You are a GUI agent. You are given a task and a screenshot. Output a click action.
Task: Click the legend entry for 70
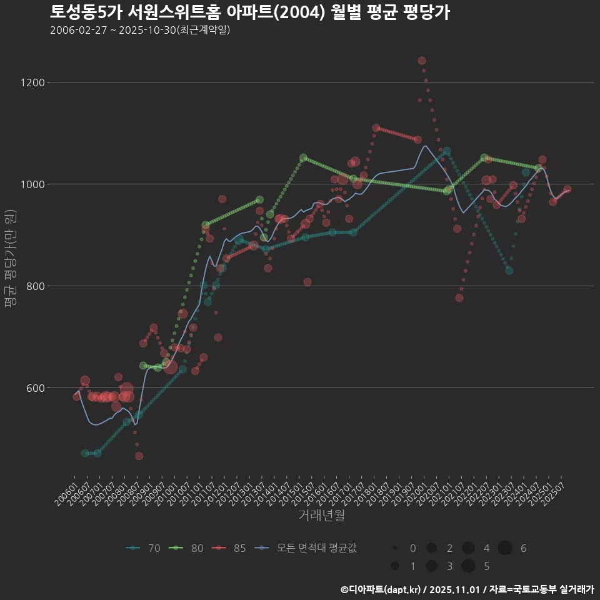[x=143, y=548]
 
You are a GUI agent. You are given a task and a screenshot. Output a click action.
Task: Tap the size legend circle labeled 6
[x=505, y=548]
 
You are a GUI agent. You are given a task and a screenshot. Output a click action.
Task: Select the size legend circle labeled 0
[x=395, y=548]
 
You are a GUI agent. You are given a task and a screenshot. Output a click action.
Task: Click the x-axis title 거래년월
[x=321, y=515]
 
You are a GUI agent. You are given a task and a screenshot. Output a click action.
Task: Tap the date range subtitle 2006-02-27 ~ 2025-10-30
[x=140, y=30]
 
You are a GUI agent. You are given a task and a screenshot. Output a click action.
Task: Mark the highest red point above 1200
[x=422, y=61]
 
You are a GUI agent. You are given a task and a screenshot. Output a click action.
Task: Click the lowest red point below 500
[x=139, y=456]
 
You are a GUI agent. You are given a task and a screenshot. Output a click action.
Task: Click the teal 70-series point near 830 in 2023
[x=509, y=271]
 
